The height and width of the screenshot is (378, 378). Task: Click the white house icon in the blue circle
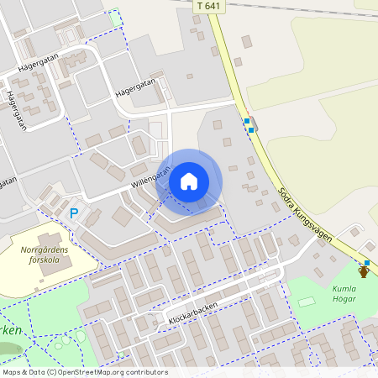pos(189,181)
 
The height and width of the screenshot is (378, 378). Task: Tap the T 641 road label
pos(209,6)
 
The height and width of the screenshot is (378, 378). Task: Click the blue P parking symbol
pos(74,214)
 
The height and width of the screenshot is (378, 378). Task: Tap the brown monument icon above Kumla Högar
pos(364,271)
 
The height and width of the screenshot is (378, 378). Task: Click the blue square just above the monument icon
pos(366,262)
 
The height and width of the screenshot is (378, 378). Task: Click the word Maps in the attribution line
pos(13,372)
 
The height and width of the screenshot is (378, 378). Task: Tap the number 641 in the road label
pos(214,6)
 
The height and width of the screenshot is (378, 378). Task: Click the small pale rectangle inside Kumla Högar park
pos(307,301)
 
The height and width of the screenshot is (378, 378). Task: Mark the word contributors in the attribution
pos(150,372)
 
